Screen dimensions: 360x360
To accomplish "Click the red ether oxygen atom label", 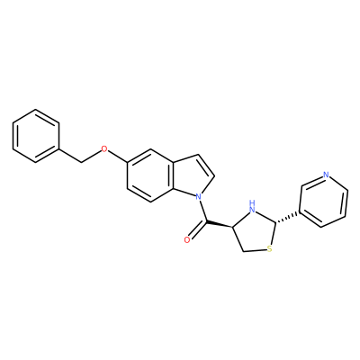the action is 103,149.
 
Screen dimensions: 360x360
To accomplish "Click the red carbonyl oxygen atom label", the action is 187,239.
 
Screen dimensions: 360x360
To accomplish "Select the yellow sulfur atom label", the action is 269,248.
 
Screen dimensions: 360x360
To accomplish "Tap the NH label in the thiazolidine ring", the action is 253,206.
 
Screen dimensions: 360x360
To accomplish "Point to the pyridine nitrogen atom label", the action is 326,175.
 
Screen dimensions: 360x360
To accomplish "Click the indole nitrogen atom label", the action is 198,197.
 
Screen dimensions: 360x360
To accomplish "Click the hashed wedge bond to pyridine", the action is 287,217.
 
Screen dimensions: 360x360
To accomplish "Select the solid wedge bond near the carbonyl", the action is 220,225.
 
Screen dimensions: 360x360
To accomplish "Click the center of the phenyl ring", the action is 35,136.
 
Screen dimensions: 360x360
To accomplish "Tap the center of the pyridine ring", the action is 324,200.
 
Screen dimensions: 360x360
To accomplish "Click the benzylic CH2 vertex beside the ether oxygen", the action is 82,163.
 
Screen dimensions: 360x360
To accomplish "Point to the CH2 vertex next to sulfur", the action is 244,251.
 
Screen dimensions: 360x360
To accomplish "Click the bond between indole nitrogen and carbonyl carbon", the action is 202,211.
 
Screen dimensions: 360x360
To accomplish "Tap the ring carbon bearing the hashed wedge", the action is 275,222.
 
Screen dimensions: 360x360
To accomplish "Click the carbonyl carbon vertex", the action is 207,222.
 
